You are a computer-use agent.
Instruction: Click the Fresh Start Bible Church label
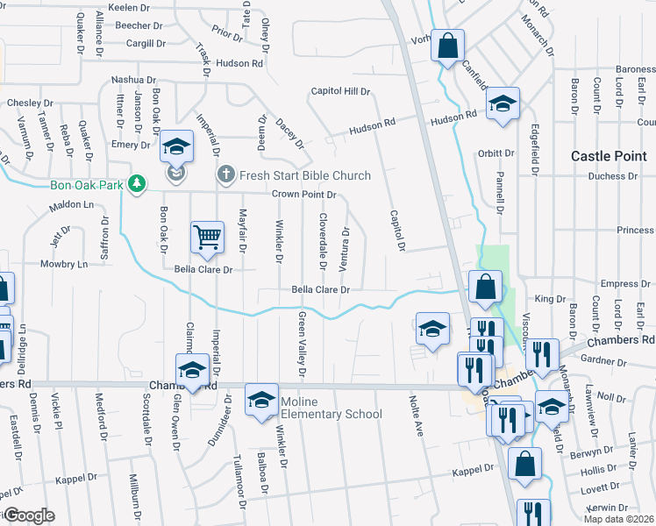point(305,175)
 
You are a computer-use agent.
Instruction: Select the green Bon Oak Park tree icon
point(136,183)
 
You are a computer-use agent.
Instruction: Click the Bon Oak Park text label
point(88,184)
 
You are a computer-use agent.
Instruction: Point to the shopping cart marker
point(207,237)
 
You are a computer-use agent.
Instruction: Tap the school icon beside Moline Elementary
point(260,402)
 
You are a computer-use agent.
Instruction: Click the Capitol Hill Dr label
point(341,91)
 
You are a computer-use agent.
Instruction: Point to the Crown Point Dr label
point(304,194)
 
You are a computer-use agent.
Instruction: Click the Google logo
point(29,515)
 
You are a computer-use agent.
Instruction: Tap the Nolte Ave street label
point(417,416)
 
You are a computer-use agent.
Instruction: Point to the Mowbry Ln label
point(64,263)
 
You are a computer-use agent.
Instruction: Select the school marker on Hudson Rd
point(503,105)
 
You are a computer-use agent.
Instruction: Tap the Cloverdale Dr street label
point(323,241)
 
